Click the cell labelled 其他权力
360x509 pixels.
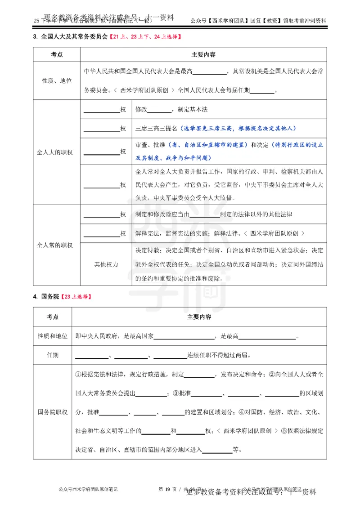coord(106,265)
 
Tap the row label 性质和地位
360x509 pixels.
coord(53,336)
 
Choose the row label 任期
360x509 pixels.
coord(53,355)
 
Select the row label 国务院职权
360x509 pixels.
coord(53,412)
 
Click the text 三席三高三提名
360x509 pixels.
coord(157,128)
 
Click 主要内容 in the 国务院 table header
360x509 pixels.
coord(200,317)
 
